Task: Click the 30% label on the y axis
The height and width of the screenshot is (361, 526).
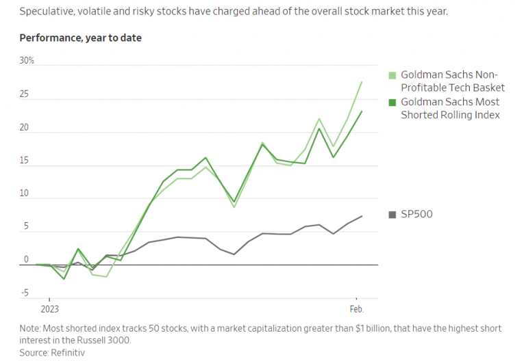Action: click(x=27, y=61)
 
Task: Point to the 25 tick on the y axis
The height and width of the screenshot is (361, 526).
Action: click(x=25, y=94)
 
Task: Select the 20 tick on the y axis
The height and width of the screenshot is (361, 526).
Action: click(x=25, y=128)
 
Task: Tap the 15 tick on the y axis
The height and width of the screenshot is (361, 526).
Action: click(x=25, y=161)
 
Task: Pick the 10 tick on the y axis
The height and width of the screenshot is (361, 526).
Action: click(x=25, y=193)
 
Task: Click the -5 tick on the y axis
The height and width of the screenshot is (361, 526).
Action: click(x=25, y=293)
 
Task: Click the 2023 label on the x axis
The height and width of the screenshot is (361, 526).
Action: click(x=49, y=310)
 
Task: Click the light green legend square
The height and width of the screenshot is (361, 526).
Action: click(x=392, y=75)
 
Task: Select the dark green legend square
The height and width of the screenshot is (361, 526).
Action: click(x=392, y=103)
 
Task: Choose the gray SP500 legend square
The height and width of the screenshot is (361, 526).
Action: click(x=392, y=215)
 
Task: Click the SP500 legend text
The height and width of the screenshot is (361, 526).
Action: click(x=416, y=215)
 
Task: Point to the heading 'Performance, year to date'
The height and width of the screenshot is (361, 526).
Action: click(x=81, y=38)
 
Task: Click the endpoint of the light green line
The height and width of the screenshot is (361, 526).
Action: click(x=362, y=81)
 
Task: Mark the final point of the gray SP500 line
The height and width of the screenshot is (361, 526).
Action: click(x=362, y=216)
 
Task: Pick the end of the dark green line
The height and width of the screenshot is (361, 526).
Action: click(x=362, y=111)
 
